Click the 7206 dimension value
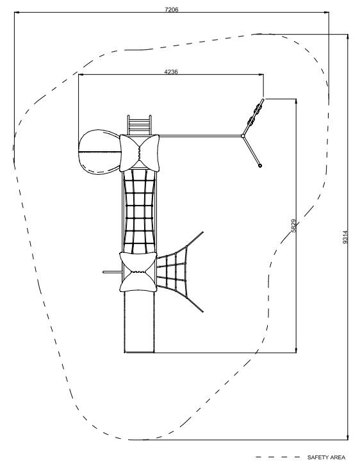(x=172, y=10)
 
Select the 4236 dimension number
(x=171, y=72)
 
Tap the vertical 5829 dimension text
(x=293, y=225)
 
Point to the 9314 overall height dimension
(x=345, y=237)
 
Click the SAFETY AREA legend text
(x=326, y=457)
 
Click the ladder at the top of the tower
(x=140, y=125)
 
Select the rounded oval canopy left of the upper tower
(x=100, y=152)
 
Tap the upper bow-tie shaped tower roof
(x=140, y=153)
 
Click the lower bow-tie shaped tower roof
(x=138, y=272)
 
